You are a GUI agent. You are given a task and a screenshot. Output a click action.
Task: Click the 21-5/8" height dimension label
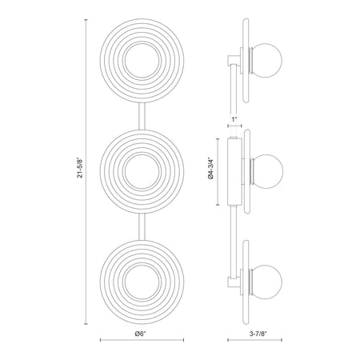[80, 168]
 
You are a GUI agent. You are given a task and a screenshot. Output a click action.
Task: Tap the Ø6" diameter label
[141, 334]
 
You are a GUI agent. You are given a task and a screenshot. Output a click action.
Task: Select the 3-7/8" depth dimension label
[258, 334]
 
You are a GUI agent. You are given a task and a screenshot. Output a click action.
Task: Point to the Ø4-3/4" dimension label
[211, 168]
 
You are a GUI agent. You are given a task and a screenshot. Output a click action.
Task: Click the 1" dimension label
[234, 119]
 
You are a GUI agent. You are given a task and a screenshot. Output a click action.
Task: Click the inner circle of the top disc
[142, 42]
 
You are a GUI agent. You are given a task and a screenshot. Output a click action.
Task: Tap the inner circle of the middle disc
[142, 154]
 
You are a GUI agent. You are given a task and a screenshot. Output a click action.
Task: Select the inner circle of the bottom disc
[142, 264]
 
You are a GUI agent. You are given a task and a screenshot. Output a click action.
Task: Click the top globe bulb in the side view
[266, 60]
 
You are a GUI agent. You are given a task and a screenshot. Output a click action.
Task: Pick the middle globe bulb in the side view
[266, 171]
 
